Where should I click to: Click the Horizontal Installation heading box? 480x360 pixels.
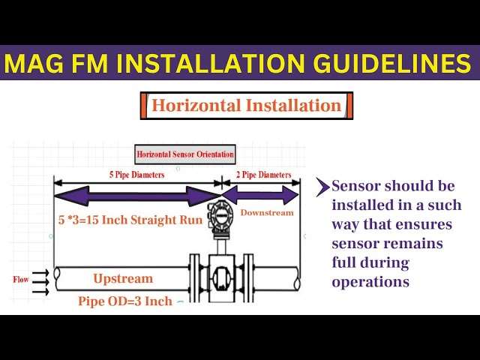pos(246,106)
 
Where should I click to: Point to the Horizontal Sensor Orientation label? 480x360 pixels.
pos(185,155)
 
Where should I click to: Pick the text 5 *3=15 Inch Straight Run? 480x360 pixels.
pos(130,220)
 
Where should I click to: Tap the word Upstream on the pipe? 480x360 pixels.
pos(123,278)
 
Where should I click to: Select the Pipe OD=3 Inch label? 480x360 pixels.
pos(125,301)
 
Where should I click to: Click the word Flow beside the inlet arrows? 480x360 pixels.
pos(20,279)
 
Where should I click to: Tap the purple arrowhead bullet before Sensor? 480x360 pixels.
pos(322,186)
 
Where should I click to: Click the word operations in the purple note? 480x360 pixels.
pos(370,282)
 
